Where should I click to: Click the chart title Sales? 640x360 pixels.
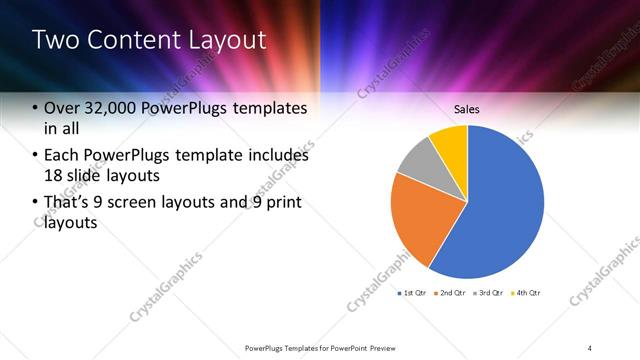pyautogui.click(x=467, y=108)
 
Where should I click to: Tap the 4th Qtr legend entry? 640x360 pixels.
pyautogui.click(x=527, y=293)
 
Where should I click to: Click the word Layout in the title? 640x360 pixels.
pyautogui.click(x=230, y=40)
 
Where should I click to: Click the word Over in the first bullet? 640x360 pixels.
pyautogui.click(x=59, y=108)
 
